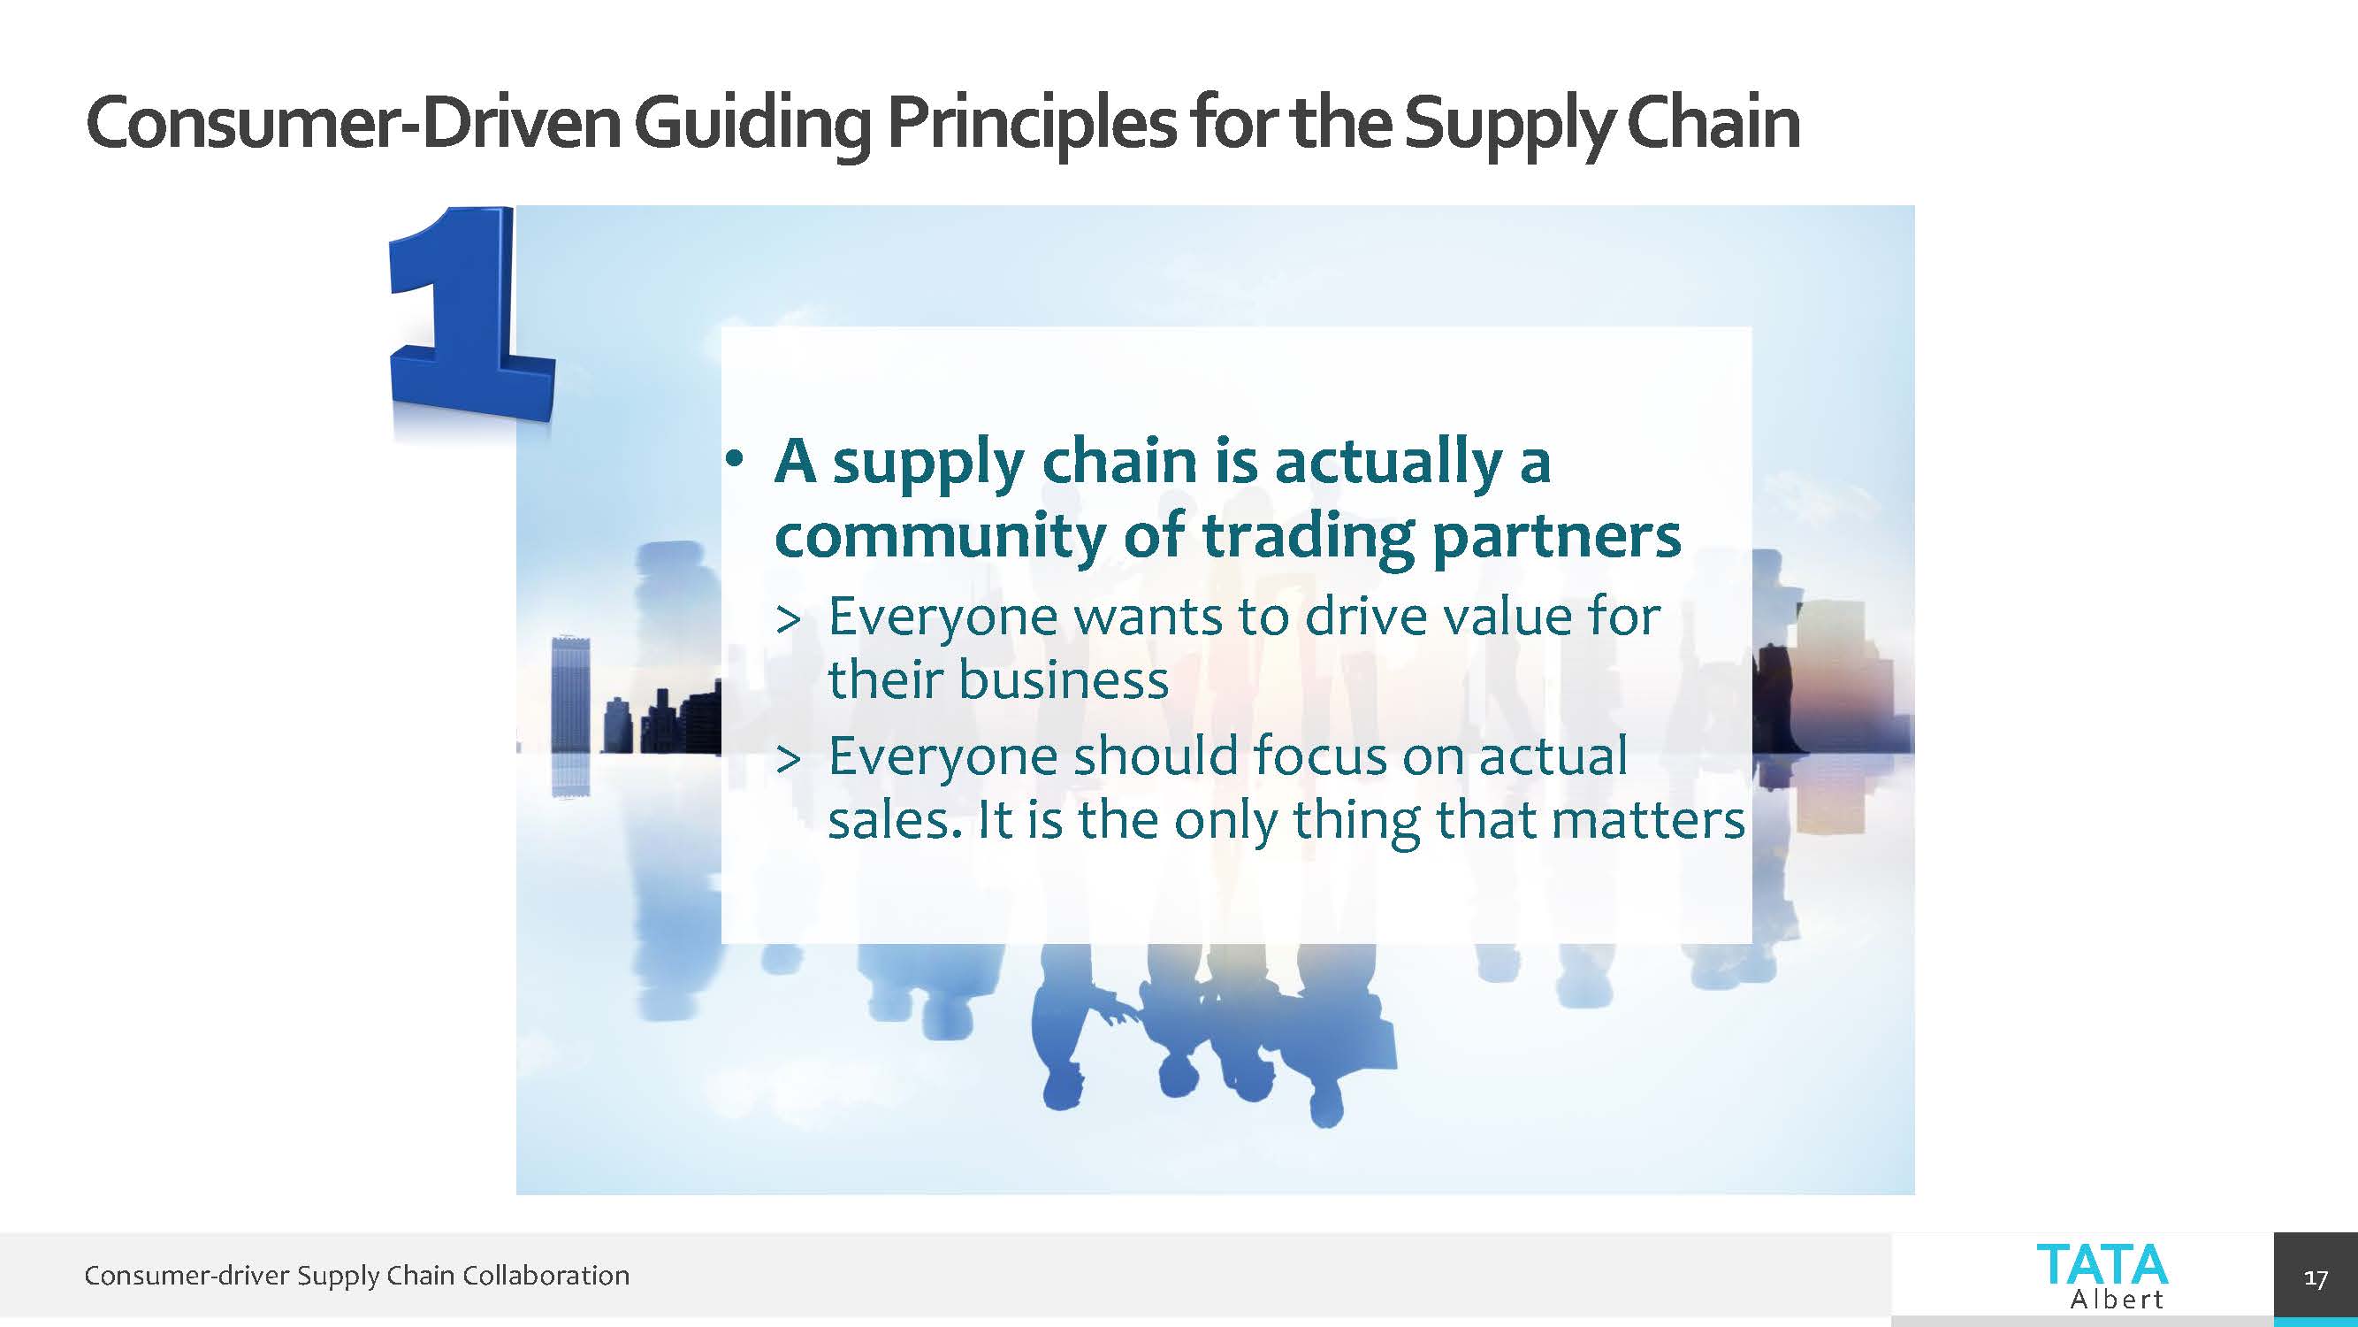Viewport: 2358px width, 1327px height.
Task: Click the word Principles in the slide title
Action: tap(1032, 124)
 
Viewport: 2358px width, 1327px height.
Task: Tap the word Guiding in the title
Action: tap(753, 124)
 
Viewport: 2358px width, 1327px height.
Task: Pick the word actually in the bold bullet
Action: tap(1389, 463)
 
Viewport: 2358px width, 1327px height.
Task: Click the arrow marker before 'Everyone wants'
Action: tap(788, 620)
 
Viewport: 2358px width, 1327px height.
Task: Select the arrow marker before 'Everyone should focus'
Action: tap(788, 759)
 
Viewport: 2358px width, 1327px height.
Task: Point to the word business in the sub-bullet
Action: tap(1062, 679)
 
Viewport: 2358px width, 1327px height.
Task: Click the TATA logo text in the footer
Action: tap(2102, 1265)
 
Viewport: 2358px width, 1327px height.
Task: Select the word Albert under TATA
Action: tap(2117, 1299)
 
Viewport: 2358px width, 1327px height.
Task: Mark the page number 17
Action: tap(2316, 1278)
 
